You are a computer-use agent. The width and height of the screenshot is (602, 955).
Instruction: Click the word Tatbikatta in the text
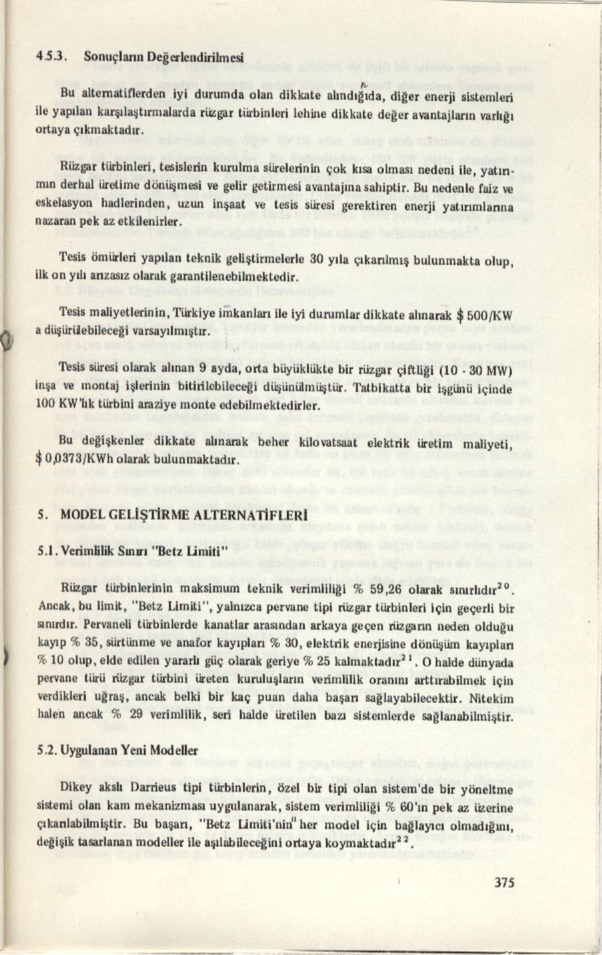(376, 387)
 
